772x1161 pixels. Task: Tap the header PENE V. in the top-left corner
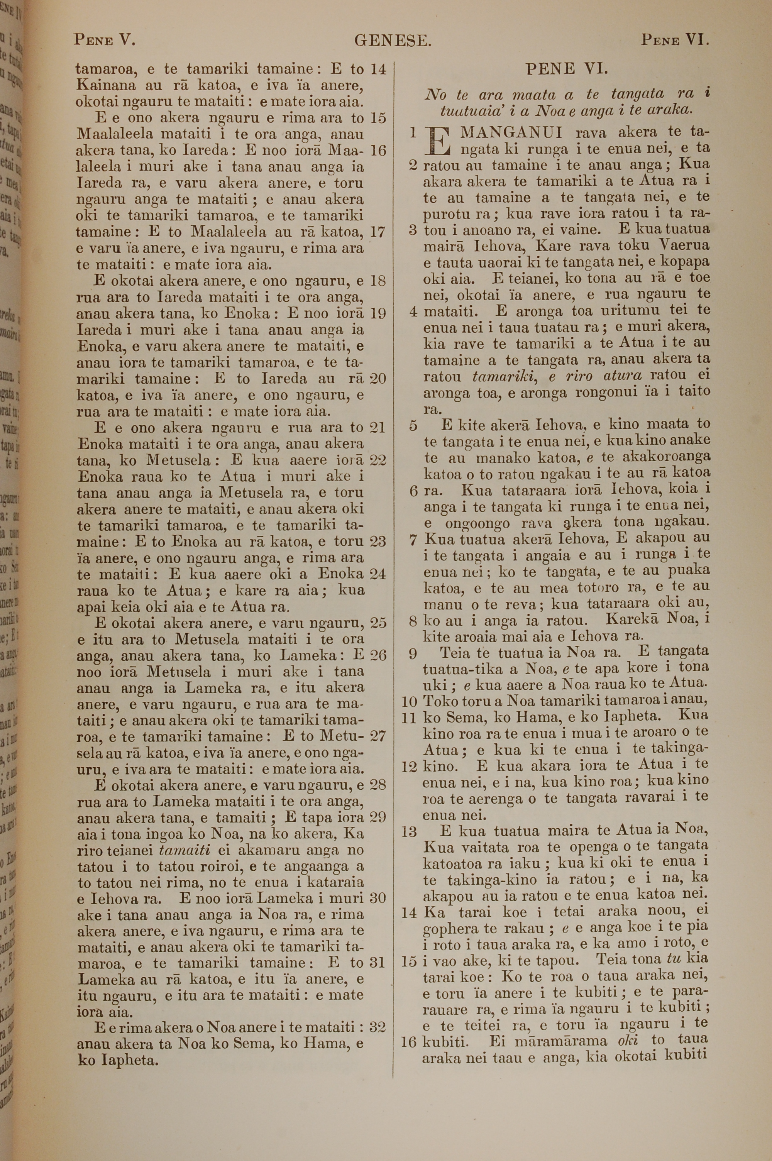(x=104, y=39)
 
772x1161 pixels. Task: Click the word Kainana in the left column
(x=106, y=85)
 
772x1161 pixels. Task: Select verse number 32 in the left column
(x=377, y=1027)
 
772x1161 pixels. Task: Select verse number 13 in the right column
(x=410, y=832)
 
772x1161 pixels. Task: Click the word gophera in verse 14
(x=450, y=929)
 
